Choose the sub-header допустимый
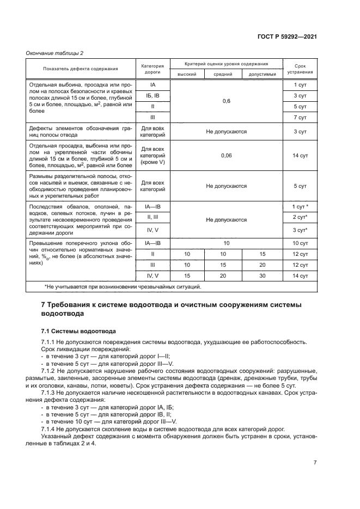[262, 74]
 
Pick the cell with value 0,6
[226, 101]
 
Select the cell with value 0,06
[226, 156]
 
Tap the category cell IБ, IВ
[152, 96]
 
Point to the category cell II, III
[152, 217]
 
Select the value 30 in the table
[262, 276]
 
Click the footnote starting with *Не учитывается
[123, 286]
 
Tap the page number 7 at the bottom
[315, 463]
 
